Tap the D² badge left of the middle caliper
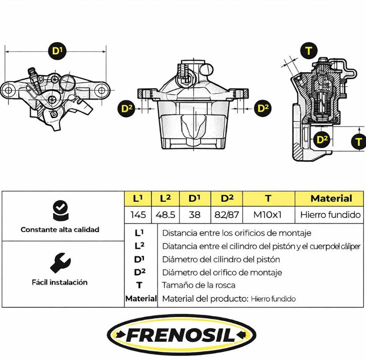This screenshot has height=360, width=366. point(126,109)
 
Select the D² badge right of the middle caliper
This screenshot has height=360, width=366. point(263,109)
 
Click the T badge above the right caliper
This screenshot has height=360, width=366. point(309,51)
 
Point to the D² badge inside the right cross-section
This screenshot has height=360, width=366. point(322,140)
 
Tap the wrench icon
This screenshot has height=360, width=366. point(60,262)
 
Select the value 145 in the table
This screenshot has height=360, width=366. point(138,215)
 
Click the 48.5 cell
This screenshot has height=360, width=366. point(165,215)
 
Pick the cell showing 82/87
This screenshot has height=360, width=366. point(227,215)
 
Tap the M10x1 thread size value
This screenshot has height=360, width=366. point(268,215)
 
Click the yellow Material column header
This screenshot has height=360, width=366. point(331,198)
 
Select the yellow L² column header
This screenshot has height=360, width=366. point(165,198)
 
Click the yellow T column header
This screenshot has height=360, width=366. point(268,198)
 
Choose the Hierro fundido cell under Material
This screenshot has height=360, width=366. point(330,215)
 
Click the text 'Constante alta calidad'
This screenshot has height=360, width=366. point(60,229)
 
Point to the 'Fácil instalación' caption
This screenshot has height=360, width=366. point(60,282)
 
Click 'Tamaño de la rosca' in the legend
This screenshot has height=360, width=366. point(199,285)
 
